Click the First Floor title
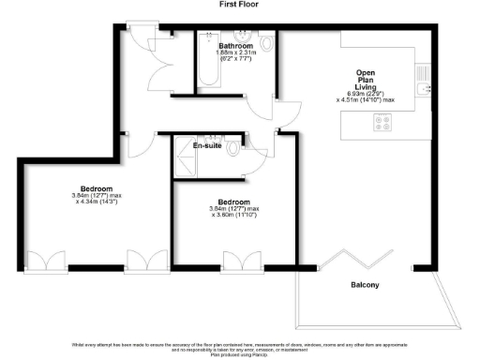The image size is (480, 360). (x=239, y=5)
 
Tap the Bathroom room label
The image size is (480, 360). (x=235, y=45)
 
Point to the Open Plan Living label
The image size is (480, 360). (x=366, y=80)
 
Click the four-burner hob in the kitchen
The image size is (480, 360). (x=382, y=120)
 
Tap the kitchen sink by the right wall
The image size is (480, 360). (x=422, y=75)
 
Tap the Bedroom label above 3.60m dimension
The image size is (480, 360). (x=233, y=202)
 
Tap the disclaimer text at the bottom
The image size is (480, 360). (x=240, y=349)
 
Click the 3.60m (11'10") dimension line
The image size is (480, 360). (x=234, y=217)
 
